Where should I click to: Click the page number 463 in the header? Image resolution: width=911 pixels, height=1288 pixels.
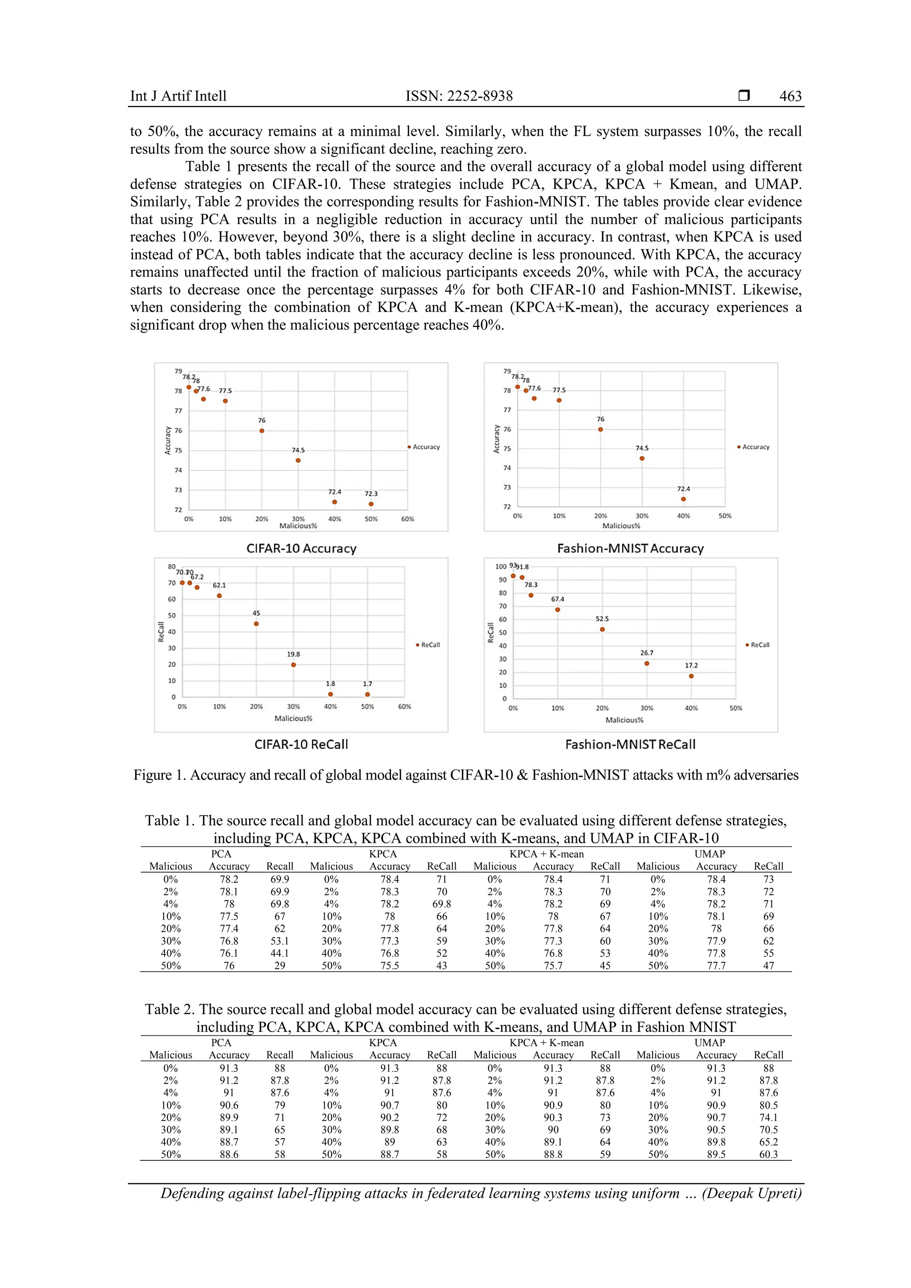(790, 96)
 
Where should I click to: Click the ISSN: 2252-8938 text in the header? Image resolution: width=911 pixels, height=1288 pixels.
(459, 96)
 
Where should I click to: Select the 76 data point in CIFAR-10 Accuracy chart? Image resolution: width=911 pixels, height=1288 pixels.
(262, 431)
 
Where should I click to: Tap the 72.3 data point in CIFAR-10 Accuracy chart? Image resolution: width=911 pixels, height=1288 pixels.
(371, 504)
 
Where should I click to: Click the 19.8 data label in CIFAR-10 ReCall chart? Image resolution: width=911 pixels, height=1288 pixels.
(294, 654)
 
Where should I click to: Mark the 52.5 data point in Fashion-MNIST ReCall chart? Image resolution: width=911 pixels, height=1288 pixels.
(602, 629)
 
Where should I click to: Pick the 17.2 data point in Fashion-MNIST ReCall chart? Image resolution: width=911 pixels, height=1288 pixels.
(691, 676)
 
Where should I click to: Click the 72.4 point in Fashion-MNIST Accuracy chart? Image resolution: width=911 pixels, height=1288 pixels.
(683, 499)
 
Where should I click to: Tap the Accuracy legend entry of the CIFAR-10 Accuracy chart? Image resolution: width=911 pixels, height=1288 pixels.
(425, 447)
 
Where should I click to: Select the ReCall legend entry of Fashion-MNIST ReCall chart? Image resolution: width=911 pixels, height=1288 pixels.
(758, 645)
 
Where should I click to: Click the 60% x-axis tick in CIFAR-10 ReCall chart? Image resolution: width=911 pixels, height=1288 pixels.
(404, 707)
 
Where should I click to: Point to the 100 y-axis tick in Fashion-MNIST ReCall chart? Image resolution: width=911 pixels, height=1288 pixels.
(500, 567)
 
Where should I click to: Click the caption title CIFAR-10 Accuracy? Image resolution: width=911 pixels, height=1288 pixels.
(301, 549)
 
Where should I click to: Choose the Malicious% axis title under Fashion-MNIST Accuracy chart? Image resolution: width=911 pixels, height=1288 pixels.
(621, 526)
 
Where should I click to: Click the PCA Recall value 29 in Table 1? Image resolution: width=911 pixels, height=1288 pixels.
(279, 966)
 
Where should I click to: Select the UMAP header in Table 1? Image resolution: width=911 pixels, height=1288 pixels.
(709, 854)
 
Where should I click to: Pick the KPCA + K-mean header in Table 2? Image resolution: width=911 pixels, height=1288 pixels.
(546, 1043)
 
